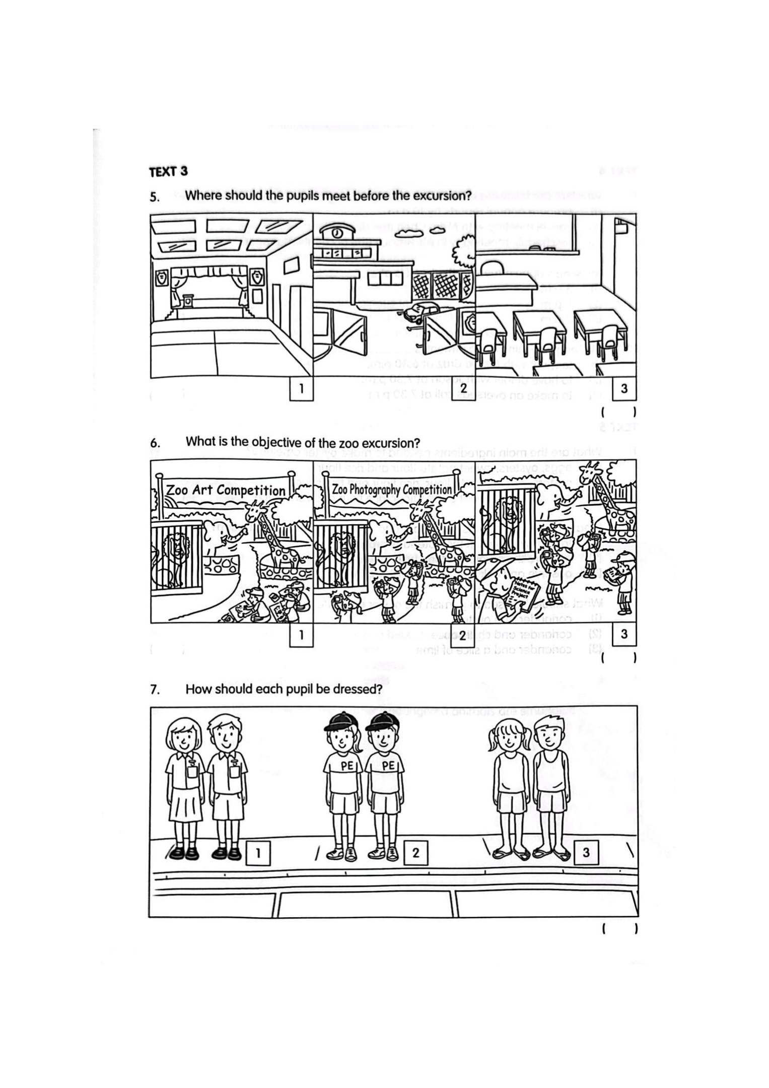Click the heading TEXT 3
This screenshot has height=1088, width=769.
[168, 171]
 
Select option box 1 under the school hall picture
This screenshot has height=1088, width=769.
[301, 388]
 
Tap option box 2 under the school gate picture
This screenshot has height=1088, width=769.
[463, 388]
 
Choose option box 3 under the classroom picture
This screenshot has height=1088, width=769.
[624, 388]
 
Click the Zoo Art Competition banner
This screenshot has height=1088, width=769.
[225, 490]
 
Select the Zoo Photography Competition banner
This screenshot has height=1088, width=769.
[392, 490]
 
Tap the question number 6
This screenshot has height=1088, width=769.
[155, 443]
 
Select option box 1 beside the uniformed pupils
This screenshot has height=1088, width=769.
[258, 853]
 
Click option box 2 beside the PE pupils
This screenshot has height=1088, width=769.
[415, 853]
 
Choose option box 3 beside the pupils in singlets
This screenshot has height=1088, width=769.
[586, 853]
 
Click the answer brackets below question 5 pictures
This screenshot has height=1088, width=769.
[619, 412]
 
